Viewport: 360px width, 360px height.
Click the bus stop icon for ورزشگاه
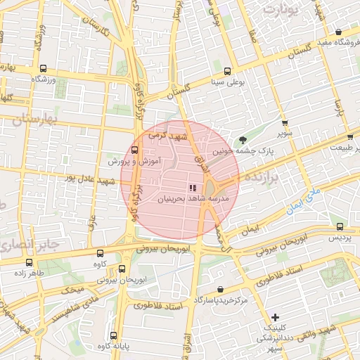pos(44,69)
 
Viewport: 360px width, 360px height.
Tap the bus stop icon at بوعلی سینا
pos(226,71)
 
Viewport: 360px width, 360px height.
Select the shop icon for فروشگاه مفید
pos(339,32)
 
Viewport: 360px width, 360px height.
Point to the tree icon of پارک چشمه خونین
pos(243,139)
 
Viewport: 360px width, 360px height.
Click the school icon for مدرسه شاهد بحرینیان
pos(192,188)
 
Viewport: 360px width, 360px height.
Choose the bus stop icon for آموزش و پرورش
pos(135,150)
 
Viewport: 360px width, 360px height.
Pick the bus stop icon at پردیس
pos(340,226)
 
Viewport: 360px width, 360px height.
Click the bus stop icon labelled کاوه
pos(99,252)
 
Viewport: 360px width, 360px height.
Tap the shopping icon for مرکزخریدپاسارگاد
pos(221,289)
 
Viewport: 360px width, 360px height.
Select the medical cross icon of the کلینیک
pos(275,316)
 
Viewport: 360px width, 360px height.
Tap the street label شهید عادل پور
pos(88,181)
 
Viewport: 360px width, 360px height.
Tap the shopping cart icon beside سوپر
pos(284,122)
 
